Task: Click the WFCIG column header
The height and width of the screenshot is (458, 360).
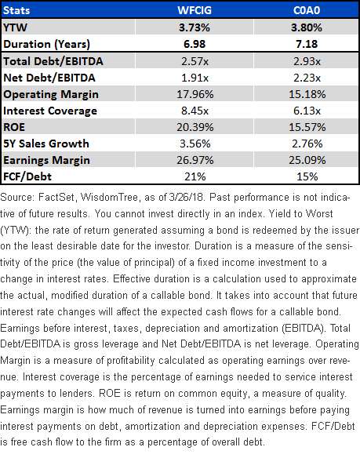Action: point(195,10)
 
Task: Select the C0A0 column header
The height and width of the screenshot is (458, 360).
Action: point(307,10)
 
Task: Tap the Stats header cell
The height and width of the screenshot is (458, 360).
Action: point(16,10)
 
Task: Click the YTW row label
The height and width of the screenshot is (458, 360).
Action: point(15,27)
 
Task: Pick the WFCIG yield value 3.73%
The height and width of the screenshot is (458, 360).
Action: point(195,27)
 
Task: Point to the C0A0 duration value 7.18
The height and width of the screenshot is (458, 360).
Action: point(307,44)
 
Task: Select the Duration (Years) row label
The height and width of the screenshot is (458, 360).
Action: point(47,44)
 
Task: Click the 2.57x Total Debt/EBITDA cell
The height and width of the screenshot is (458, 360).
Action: point(195,61)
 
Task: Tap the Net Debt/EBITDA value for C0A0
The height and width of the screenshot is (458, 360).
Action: point(307,78)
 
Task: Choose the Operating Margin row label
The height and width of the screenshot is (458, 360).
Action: point(51,94)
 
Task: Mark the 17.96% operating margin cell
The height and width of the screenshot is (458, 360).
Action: point(195,94)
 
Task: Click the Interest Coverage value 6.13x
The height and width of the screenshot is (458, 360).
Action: point(307,111)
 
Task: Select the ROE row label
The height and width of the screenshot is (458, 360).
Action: point(14,127)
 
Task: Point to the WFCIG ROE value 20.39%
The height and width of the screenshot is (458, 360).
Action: point(195,127)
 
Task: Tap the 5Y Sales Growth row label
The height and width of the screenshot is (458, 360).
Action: point(46,144)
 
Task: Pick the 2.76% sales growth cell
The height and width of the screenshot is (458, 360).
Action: point(307,144)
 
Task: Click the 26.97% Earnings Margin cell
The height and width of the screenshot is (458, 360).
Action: point(195,160)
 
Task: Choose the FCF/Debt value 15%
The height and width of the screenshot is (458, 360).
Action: point(307,176)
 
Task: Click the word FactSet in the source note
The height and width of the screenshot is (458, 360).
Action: point(56,198)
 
